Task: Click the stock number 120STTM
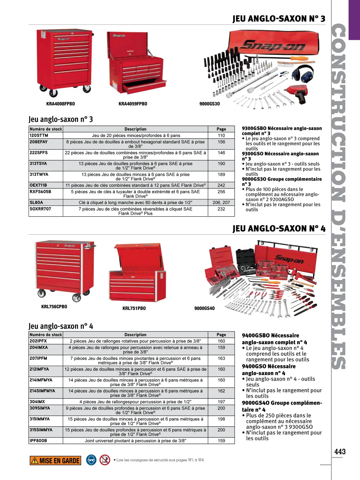click(39, 136)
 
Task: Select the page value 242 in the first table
click(221, 185)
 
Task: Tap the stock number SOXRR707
click(40, 209)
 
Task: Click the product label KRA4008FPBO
click(61, 104)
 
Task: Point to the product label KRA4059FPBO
click(133, 104)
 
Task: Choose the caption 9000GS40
click(204, 308)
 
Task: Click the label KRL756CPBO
click(54, 307)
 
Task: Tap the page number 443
click(340, 451)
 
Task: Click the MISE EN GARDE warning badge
click(55, 460)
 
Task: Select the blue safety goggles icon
click(91, 460)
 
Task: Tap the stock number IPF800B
click(38, 441)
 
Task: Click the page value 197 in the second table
click(221, 402)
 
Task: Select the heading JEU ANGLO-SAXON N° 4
click(279, 229)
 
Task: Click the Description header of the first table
click(135, 129)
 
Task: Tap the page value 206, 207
click(221, 202)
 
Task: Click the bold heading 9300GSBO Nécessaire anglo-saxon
click(282, 128)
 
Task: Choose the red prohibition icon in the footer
click(105, 460)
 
